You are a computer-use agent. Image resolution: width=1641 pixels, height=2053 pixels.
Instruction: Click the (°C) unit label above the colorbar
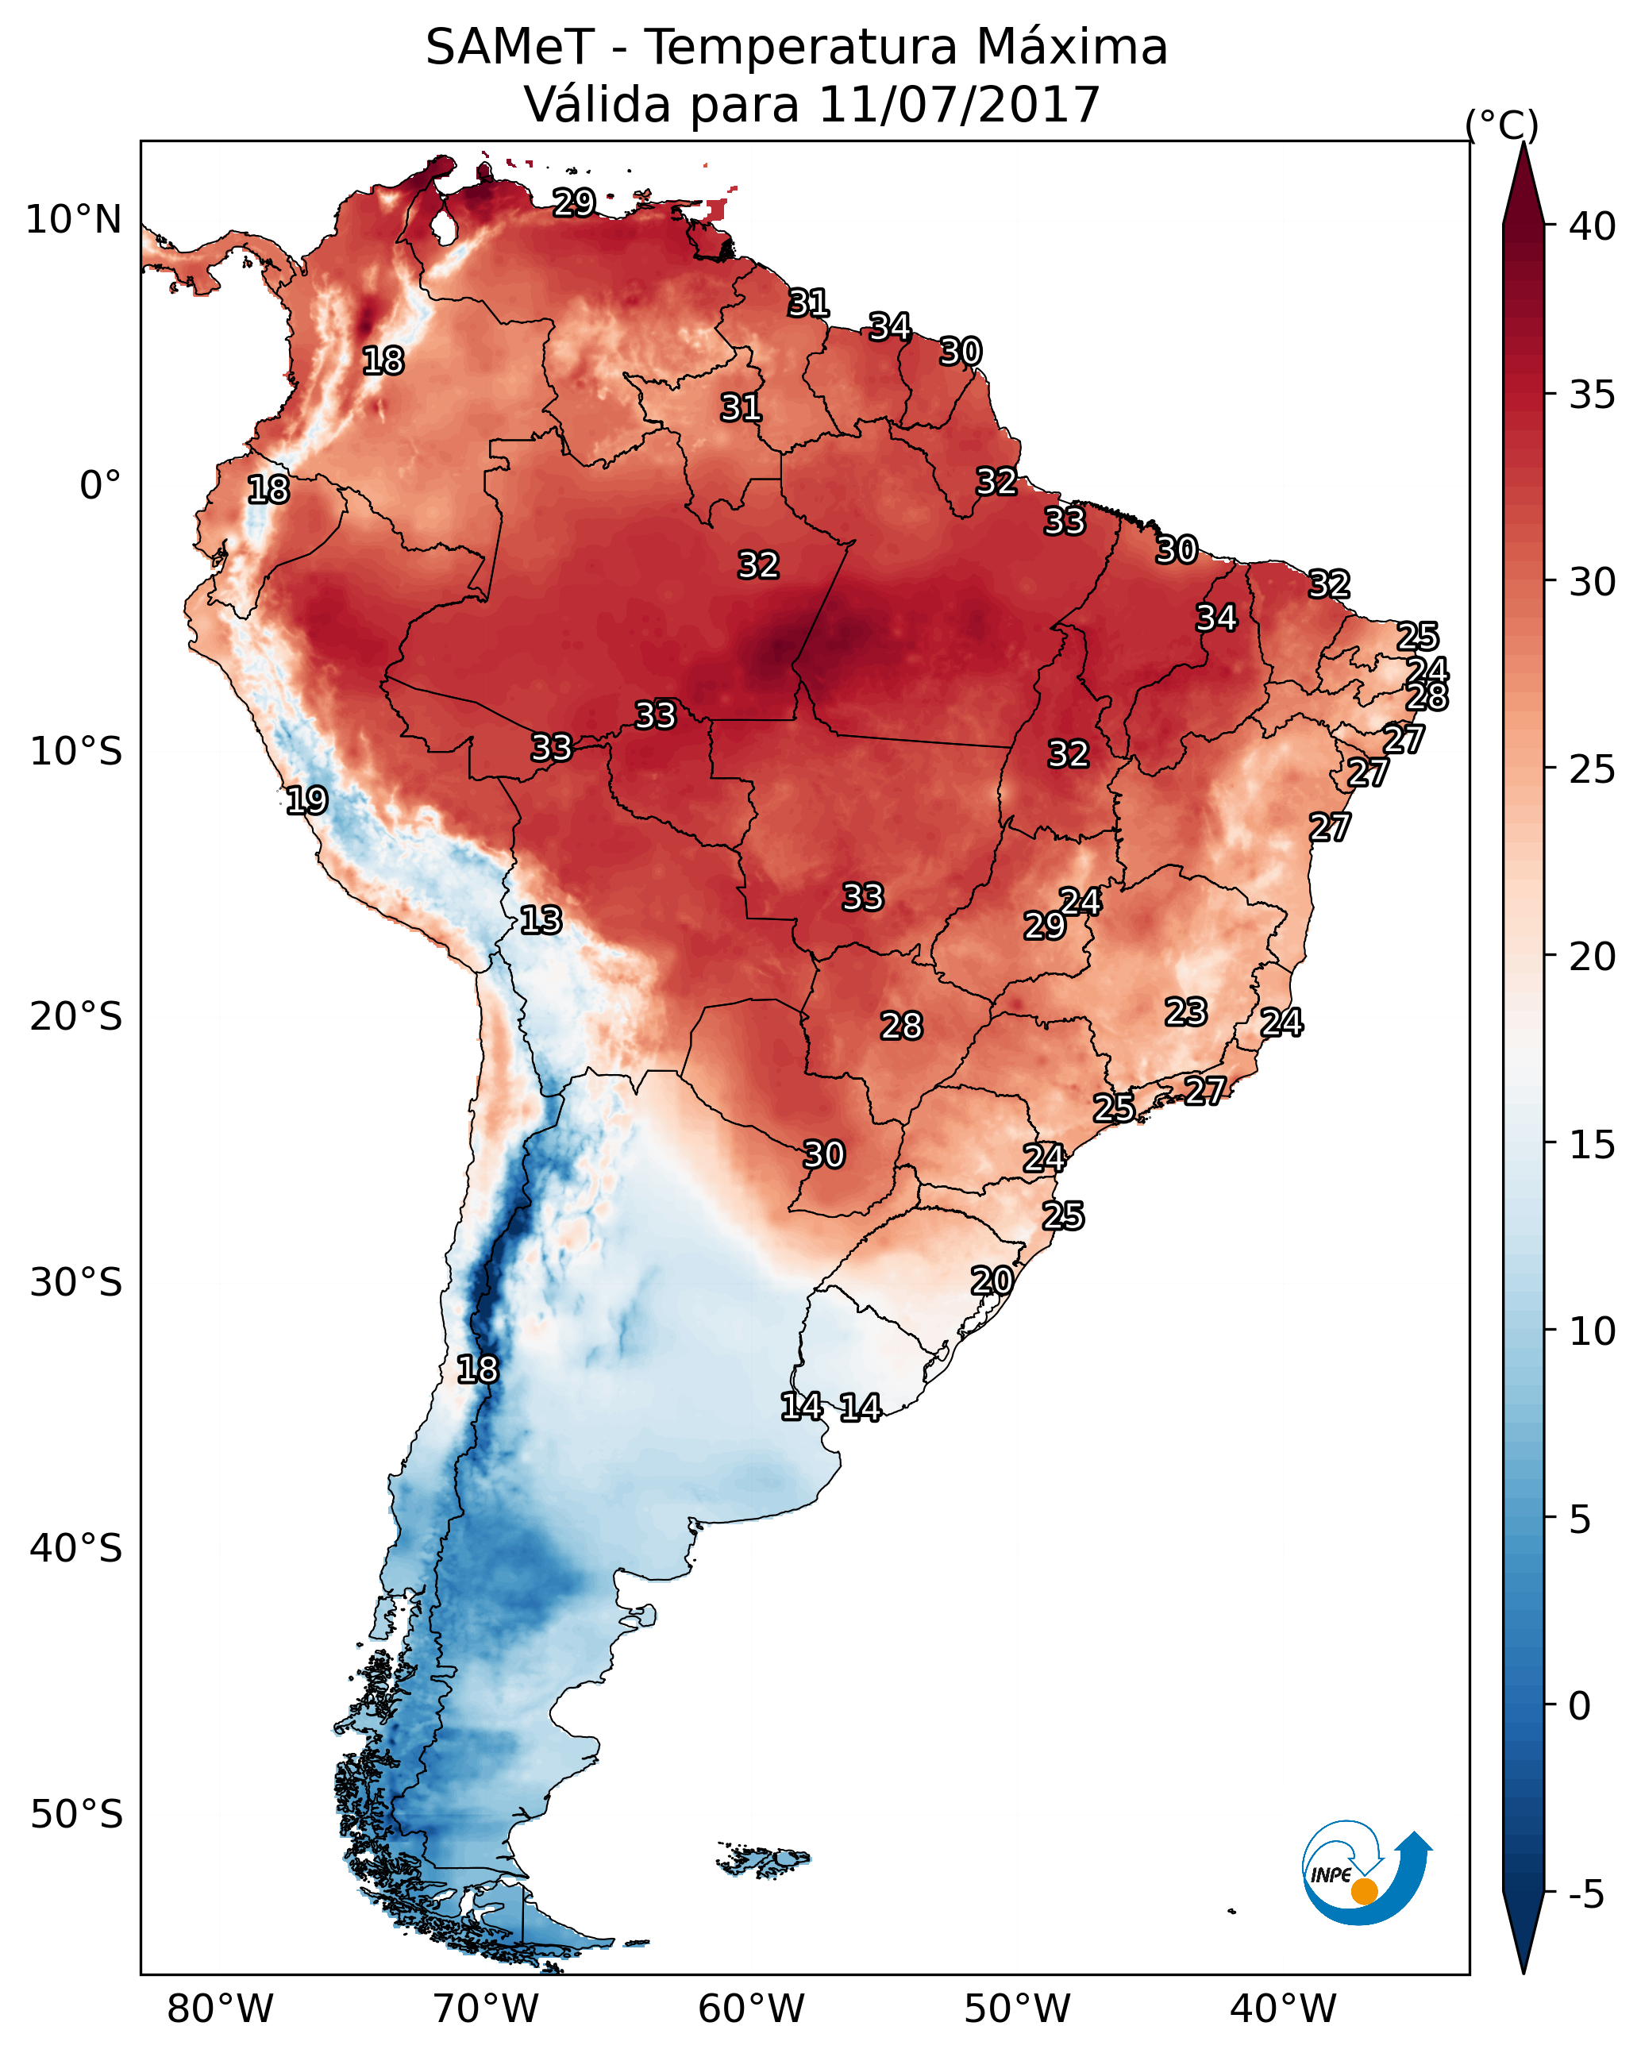pos(1501,125)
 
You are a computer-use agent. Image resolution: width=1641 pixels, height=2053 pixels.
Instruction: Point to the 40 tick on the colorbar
pos(1593,226)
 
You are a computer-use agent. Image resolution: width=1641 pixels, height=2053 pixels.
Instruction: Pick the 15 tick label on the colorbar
pos(1593,1145)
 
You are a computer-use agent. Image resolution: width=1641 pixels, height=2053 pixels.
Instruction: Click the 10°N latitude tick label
pos(73,220)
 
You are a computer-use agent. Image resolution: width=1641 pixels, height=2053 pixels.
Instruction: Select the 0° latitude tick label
pos(100,486)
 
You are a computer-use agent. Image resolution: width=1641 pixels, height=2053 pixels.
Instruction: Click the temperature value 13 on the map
pos(541,920)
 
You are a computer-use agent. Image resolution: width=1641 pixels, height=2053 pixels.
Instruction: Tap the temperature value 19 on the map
pos(306,800)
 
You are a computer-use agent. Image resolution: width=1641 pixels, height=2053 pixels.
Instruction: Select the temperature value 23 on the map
pos(1186,1011)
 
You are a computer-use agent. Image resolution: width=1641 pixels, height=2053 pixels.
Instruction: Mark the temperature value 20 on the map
pos(992,1281)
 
